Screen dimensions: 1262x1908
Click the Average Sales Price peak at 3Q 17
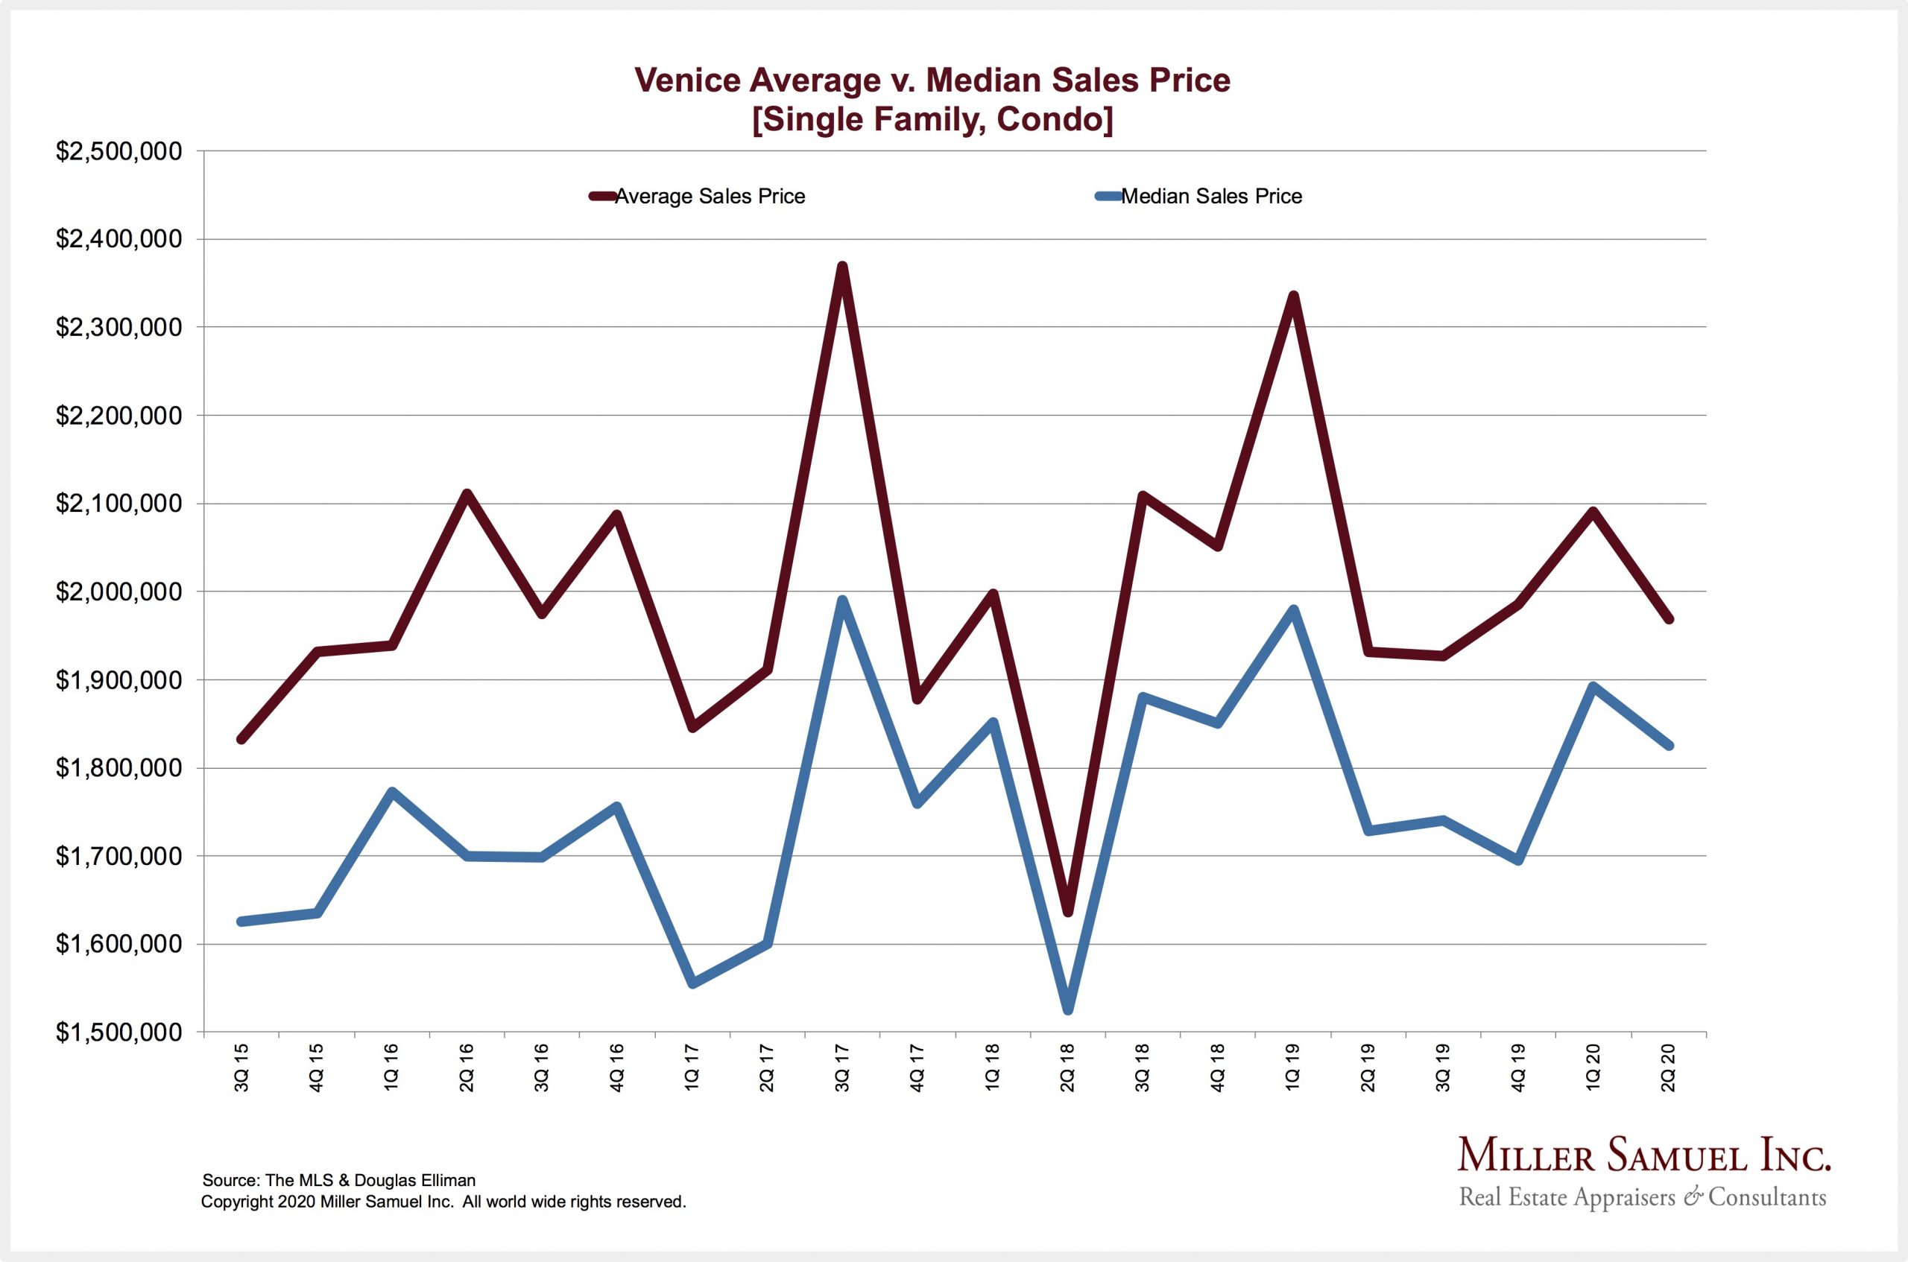coord(841,267)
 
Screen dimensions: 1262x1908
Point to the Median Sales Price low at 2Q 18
coord(1067,1009)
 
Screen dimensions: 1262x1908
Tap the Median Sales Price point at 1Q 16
coord(391,792)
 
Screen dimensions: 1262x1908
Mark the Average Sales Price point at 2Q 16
coord(467,493)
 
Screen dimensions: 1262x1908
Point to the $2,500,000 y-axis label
coord(119,151)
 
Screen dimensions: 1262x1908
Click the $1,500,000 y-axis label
coord(119,1033)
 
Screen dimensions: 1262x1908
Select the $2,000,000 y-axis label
coord(119,592)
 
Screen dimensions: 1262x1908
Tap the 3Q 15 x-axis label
coord(241,1068)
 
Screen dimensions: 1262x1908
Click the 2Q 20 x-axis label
coord(1668,1068)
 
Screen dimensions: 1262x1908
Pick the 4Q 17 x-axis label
coord(917,1068)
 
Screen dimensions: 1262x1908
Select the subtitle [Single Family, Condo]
coord(932,119)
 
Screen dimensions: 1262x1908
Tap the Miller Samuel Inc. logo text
coord(1644,1156)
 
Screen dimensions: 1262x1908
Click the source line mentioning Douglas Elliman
coord(339,1180)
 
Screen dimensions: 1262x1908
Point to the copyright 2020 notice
coord(443,1202)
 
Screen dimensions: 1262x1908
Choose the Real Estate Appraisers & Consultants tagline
coord(1643,1198)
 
